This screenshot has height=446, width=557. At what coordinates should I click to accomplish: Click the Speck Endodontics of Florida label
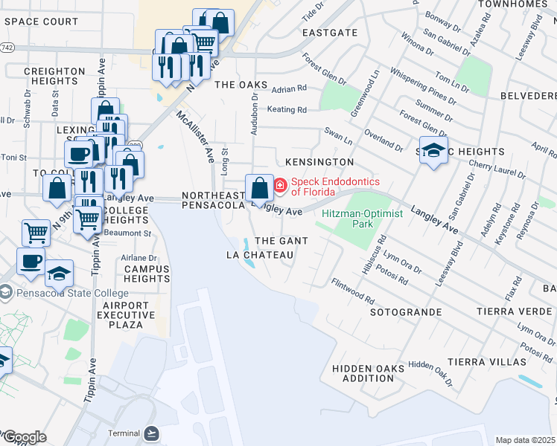click(335, 187)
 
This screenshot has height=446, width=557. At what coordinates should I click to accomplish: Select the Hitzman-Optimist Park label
click(362, 219)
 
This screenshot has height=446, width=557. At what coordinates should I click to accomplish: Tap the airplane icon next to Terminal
click(153, 433)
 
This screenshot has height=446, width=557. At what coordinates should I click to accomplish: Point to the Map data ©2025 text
click(525, 440)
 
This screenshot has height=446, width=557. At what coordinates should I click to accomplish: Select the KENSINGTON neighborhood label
click(319, 161)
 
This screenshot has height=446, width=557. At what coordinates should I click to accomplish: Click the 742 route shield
click(7, 47)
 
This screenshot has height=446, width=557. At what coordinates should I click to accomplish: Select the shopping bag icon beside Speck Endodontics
click(260, 187)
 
